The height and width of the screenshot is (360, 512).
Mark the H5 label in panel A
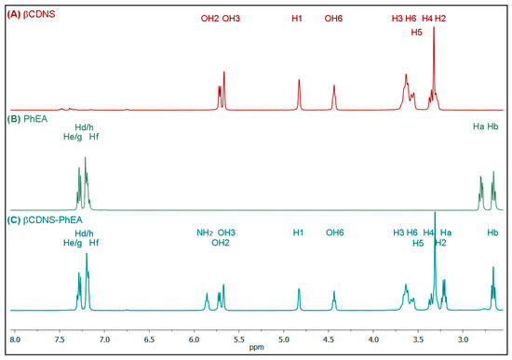416,31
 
